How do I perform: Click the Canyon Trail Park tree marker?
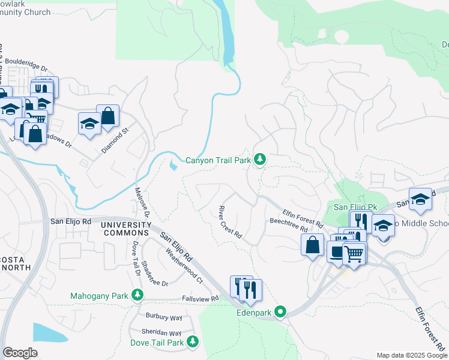coord(260,160)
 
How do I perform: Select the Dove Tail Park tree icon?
coord(193,342)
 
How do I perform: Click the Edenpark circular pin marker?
coord(280,311)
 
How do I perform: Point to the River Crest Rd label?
coord(229,222)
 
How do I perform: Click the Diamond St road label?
coord(115,140)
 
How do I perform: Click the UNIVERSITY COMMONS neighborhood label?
coord(125,228)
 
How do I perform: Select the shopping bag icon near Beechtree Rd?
coord(312,245)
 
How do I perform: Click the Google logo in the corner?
coord(20,352)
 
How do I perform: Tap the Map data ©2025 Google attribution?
coord(411,355)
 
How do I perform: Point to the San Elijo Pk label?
coord(355,207)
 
